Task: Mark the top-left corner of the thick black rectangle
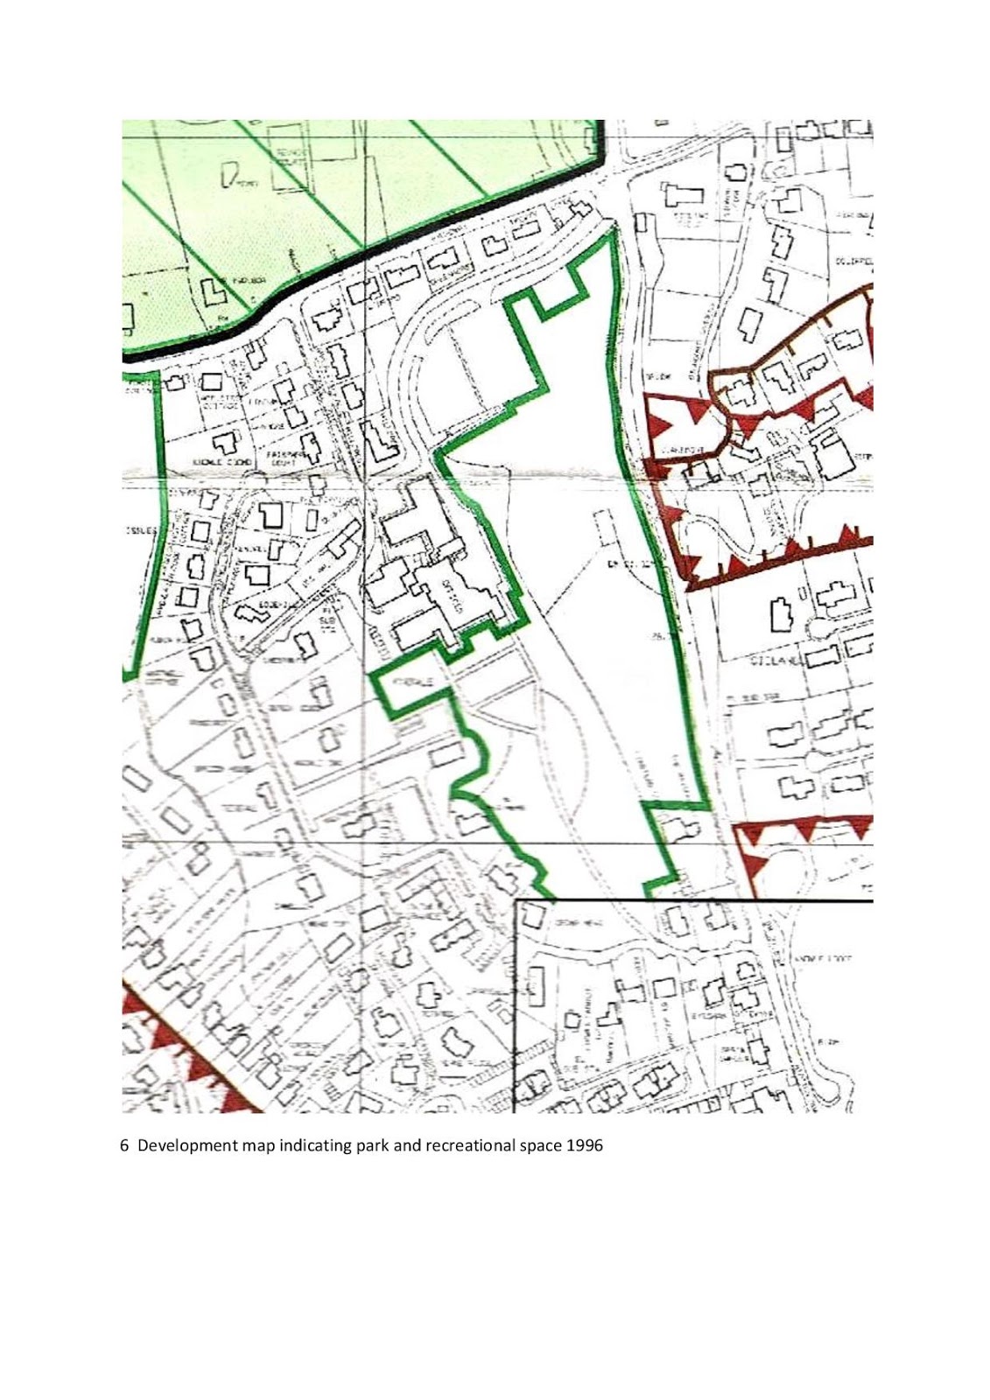516,900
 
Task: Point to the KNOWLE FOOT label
824,958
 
